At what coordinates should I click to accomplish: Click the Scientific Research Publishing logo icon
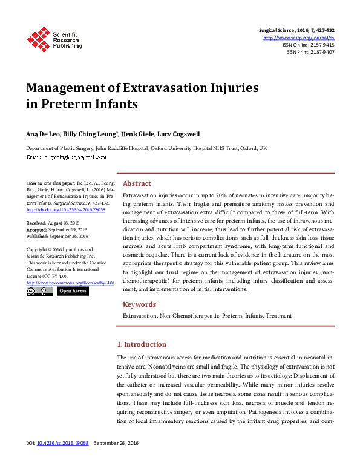38,38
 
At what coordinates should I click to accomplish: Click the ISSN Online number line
309,45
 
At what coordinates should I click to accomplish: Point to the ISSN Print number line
310,52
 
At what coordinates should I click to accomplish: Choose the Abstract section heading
137,183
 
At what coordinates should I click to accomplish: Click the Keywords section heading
140,304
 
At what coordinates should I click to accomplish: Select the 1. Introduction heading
141,344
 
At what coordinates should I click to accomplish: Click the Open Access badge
73,291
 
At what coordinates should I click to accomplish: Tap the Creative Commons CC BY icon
40,291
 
